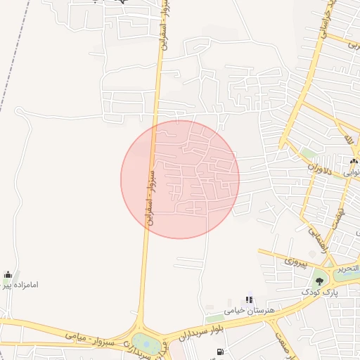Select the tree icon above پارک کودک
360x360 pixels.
(320, 279)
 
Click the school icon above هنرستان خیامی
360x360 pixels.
(248, 300)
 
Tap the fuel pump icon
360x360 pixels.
(221, 352)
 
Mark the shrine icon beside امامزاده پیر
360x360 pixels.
(7, 274)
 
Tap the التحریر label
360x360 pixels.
(346, 269)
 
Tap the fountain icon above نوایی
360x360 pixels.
(353, 162)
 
